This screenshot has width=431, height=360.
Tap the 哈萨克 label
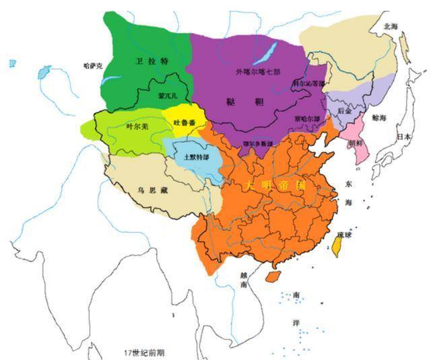pyautogui.click(x=92, y=65)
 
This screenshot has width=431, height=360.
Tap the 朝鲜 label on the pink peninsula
pyautogui.click(x=356, y=143)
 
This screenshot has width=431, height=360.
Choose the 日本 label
pyautogui.click(x=403, y=136)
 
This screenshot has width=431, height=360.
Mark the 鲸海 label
pyautogui.click(x=379, y=118)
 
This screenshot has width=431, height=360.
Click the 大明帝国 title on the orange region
pyautogui.click(x=276, y=184)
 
